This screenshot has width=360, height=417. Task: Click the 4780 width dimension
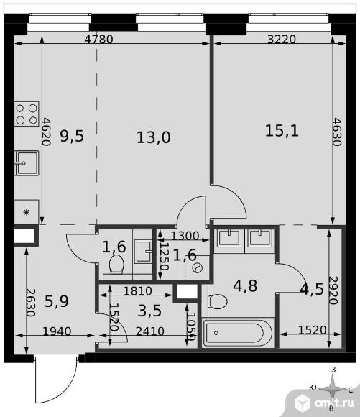pos(98,40)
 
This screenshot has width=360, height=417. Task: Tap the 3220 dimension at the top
pos(282,40)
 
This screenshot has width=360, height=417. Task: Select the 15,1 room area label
pos(282,131)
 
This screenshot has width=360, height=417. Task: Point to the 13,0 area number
pos(153,137)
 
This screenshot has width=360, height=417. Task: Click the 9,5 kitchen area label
pos(72,136)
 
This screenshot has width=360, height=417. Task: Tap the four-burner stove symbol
pos(27,114)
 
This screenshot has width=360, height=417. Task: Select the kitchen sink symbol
pos(27,162)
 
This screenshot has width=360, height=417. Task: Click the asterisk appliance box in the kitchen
pos(27,212)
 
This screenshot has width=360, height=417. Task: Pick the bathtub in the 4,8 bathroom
pos(237,333)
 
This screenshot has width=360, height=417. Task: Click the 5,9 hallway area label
pos(56,301)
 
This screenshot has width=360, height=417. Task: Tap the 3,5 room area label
pos(149,311)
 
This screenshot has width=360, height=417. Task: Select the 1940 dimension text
pos(57,331)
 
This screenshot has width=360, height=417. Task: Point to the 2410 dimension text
pos(150,331)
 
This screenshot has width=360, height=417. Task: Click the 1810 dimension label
pos(138,291)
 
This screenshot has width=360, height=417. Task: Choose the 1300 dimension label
pos(185,236)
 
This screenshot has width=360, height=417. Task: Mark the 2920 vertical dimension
pos(333,290)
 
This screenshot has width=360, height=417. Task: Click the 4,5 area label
pos(312,289)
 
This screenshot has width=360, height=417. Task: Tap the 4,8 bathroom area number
pos(245,286)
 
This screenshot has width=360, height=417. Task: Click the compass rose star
pos(332,390)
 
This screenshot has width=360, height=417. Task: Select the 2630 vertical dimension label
pos(31,303)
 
